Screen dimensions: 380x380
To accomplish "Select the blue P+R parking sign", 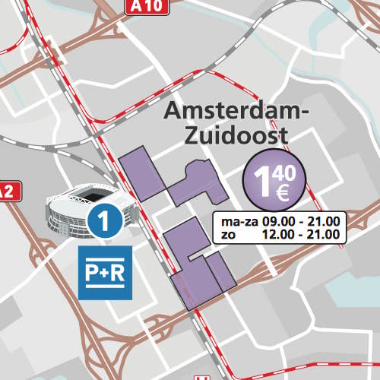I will pyautogui.click(x=106, y=272).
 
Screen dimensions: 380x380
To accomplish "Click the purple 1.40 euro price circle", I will pyautogui.click(x=274, y=182).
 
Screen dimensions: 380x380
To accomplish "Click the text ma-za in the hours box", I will pyautogui.click(x=237, y=222).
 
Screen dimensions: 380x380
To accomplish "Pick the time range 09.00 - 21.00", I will pyautogui.click(x=302, y=222).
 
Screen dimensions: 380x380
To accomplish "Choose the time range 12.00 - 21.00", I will pyautogui.click(x=302, y=235).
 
